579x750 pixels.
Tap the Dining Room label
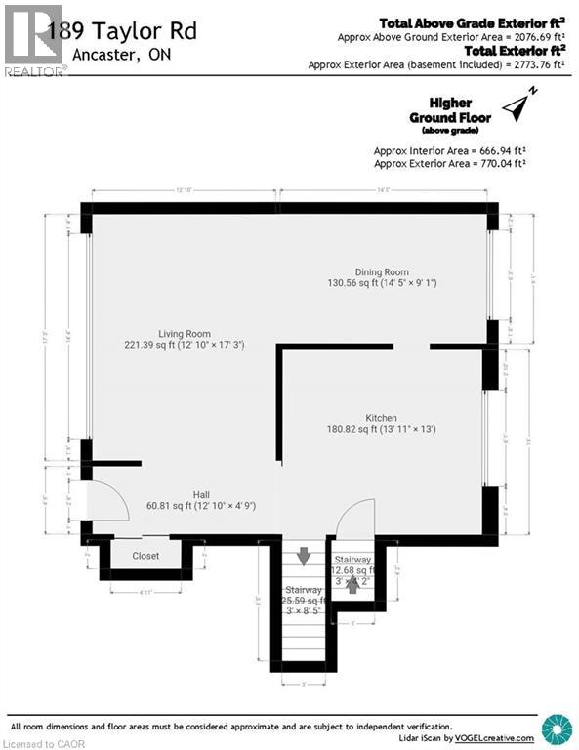[x=382, y=271]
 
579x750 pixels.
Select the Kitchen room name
[x=381, y=415]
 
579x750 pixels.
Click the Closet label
[x=145, y=556]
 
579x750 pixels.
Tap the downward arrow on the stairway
[x=304, y=556]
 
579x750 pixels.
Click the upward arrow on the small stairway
[x=352, y=585]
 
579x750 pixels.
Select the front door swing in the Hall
[x=107, y=503]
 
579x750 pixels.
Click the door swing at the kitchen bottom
[x=356, y=518]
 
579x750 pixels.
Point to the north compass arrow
[x=518, y=102]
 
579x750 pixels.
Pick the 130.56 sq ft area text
[x=382, y=283]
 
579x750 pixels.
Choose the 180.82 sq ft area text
[x=381, y=428]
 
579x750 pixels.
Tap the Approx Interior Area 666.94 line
[x=449, y=151]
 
